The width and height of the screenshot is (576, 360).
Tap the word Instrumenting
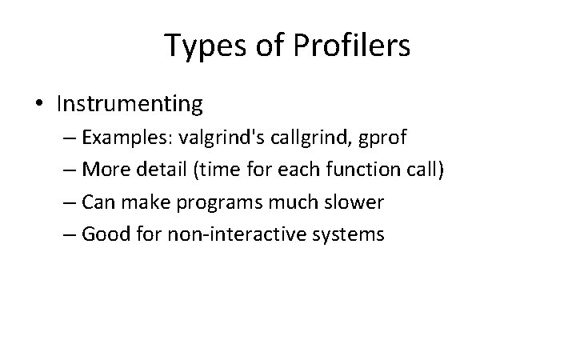click(x=130, y=104)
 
